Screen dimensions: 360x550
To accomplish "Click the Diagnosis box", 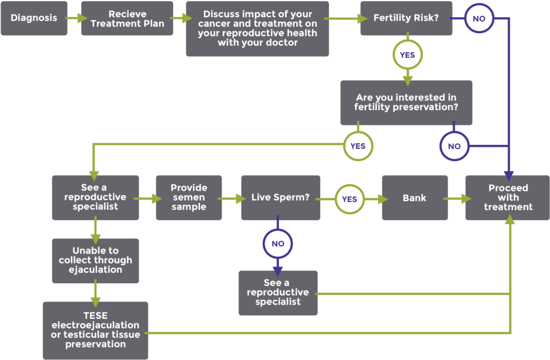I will pos(34,18).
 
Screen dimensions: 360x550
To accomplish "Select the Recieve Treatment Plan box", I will pos(127,18).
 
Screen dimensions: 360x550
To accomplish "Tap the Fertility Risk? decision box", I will pos(406,18).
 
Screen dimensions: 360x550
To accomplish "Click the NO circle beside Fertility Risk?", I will pos(479,18).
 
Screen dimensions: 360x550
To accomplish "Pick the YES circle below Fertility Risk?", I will pos(407,55).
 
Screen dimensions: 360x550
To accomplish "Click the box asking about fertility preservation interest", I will pos(406,103).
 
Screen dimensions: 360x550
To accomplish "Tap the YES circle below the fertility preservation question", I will pos(357,146).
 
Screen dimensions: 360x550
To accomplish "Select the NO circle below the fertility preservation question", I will pos(454,146).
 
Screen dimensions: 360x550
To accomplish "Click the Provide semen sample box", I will pos(189,198).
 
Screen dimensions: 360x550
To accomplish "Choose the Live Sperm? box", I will pos(281,198).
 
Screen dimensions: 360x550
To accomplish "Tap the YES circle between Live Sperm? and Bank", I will pos(349,199).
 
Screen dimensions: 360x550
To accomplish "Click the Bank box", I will pos(415,198).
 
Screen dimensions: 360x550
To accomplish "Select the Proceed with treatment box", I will pos(508,198).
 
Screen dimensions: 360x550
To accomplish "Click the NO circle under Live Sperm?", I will pos(278,244).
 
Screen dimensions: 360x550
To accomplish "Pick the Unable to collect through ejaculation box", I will pos(95,260).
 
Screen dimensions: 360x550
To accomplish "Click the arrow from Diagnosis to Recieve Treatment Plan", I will pos(74,18).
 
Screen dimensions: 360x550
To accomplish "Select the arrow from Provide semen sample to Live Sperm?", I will pos(231,199).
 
